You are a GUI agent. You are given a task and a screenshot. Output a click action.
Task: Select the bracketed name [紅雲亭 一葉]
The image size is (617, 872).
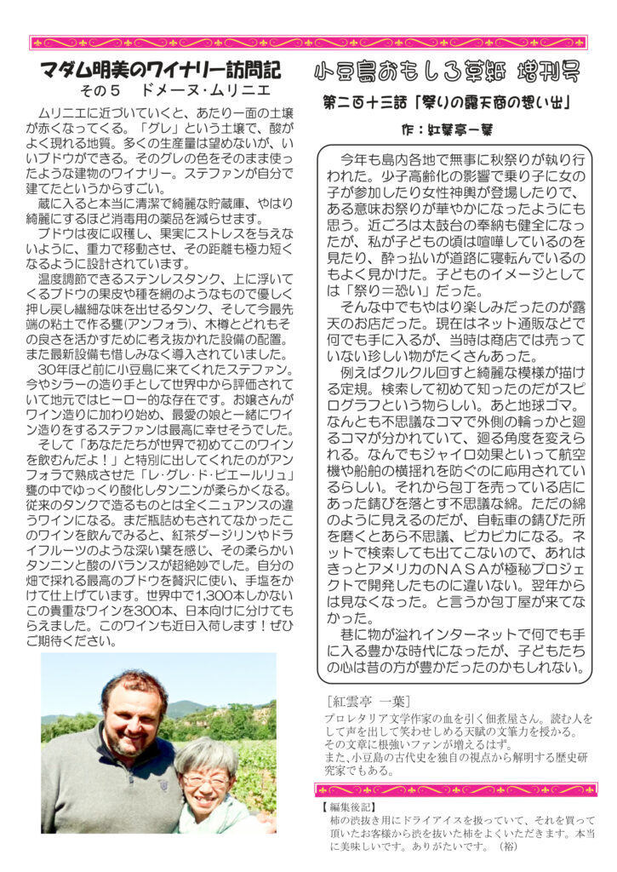(x=367, y=702)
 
